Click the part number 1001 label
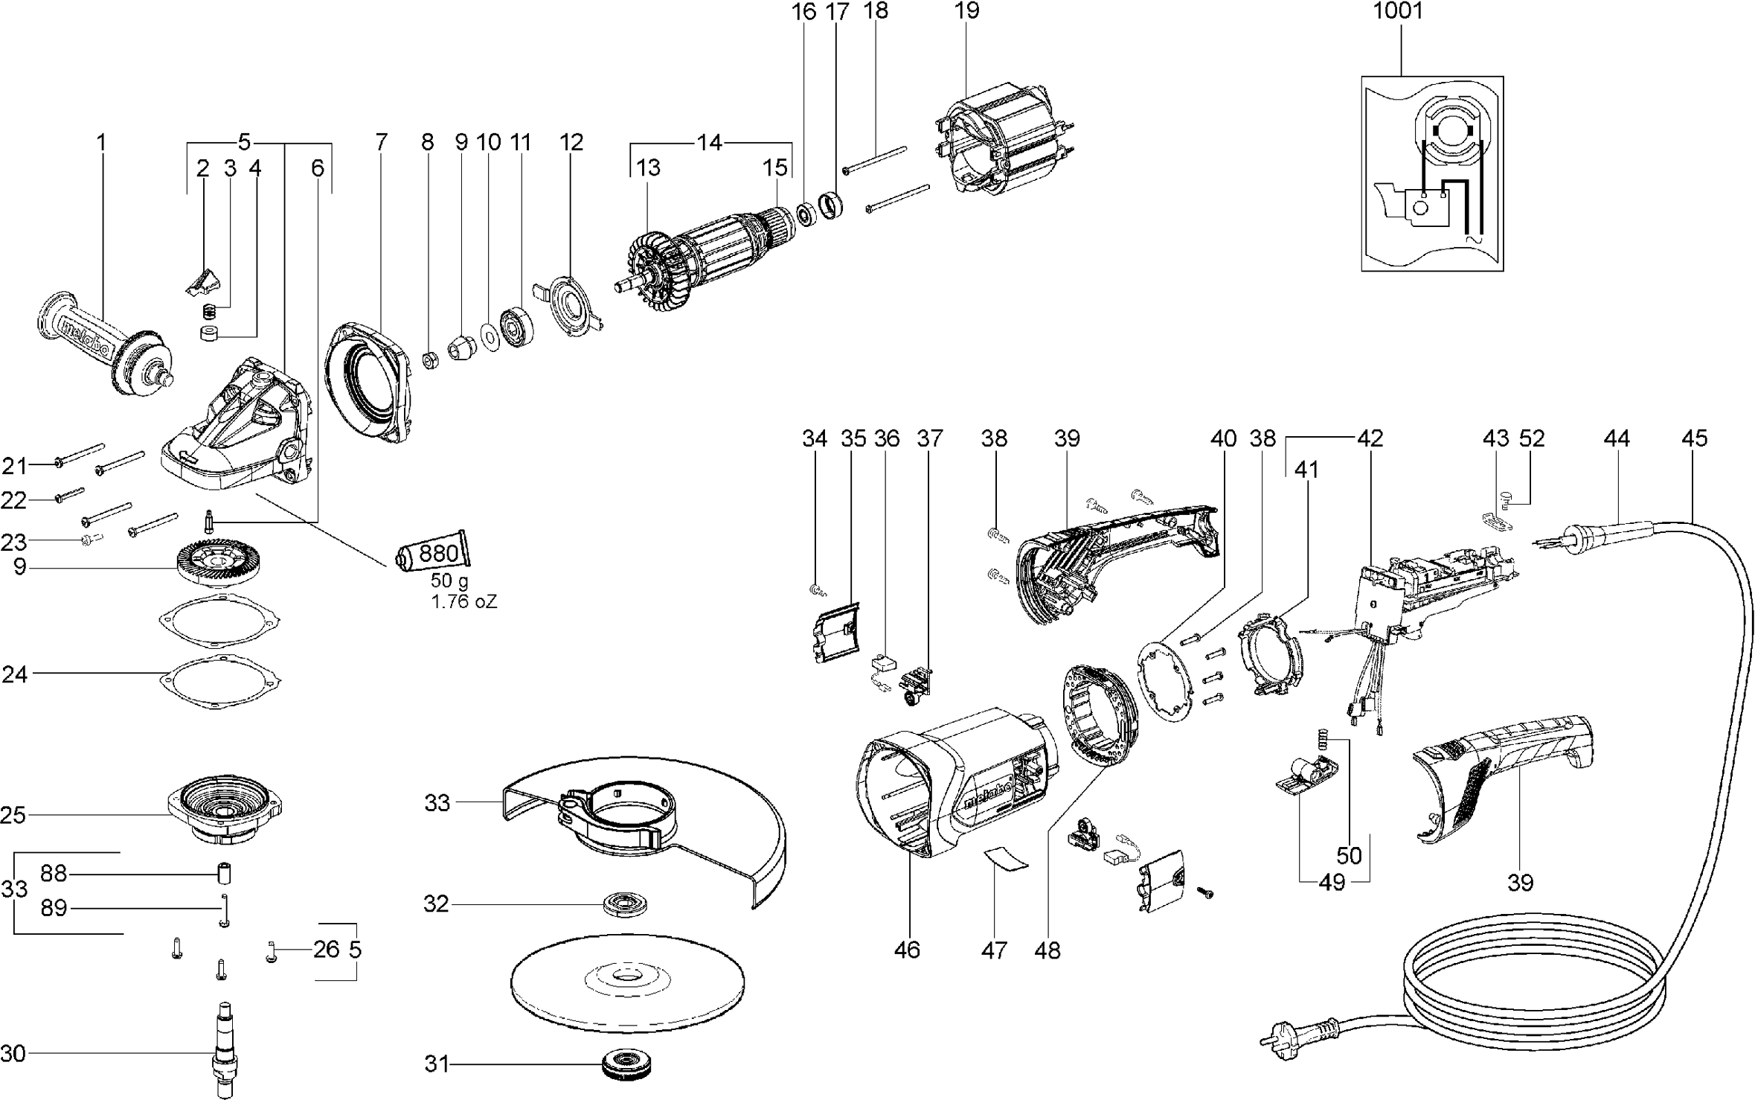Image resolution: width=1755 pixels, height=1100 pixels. [x=1398, y=11]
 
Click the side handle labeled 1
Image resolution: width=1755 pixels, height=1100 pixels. [x=104, y=350]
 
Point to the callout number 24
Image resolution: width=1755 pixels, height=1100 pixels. [x=15, y=674]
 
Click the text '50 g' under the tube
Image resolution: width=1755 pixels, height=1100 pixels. [x=449, y=581]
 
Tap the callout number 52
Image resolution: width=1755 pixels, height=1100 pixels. [x=1532, y=438]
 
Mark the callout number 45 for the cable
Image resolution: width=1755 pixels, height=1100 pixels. [x=1694, y=438]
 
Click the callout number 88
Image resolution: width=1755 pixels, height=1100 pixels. [x=54, y=874]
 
